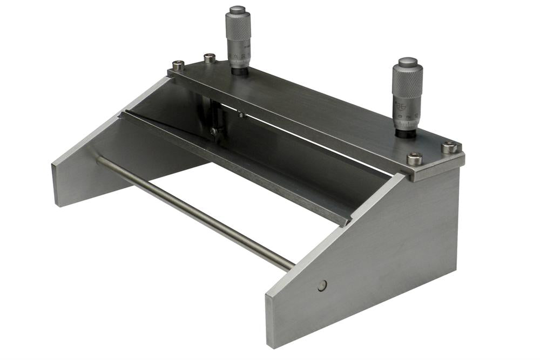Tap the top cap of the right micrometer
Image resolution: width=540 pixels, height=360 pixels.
coord(407,62)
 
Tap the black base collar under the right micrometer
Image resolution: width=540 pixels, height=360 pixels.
coord(406,132)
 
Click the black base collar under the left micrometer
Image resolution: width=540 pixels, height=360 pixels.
coord(239,70)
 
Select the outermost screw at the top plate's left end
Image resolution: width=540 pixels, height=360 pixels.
coord(178,65)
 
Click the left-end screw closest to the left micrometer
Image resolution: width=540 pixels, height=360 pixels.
coord(210,58)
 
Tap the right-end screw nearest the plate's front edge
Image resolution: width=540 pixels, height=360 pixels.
coord(414,159)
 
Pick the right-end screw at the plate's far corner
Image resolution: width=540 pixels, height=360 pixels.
coord(449,146)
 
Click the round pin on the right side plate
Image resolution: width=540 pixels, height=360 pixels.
coord(322,286)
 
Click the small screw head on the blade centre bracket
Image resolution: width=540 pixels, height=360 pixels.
coord(214,131)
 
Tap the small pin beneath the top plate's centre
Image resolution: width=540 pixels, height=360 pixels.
coord(241,114)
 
